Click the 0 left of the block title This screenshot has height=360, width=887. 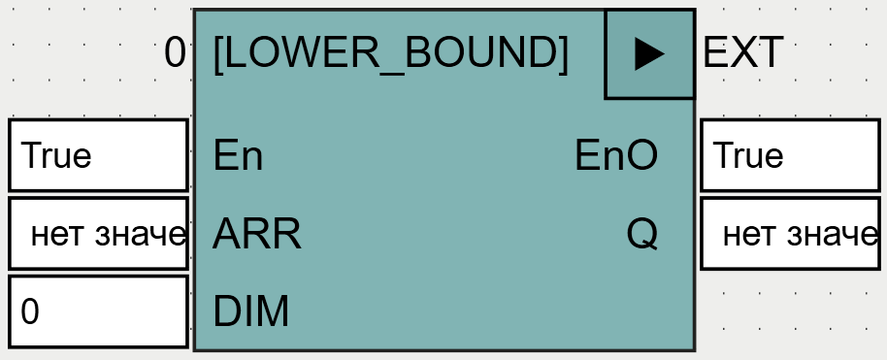click(175, 52)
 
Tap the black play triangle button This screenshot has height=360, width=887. click(649, 54)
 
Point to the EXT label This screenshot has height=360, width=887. click(742, 53)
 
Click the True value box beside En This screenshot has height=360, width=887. click(98, 155)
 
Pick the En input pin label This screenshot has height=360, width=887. click(238, 155)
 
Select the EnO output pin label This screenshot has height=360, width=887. click(616, 155)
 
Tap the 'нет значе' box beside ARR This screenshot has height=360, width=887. click(98, 234)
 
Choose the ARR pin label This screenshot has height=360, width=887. click(256, 234)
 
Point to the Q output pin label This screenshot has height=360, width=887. click(641, 234)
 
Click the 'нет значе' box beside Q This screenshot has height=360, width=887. click(790, 234)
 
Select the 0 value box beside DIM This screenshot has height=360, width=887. click(98, 311)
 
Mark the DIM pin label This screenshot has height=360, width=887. click(250, 311)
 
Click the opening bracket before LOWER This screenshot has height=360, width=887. click(217, 53)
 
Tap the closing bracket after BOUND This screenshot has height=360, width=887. click(563, 53)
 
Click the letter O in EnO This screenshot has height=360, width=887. click(641, 155)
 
